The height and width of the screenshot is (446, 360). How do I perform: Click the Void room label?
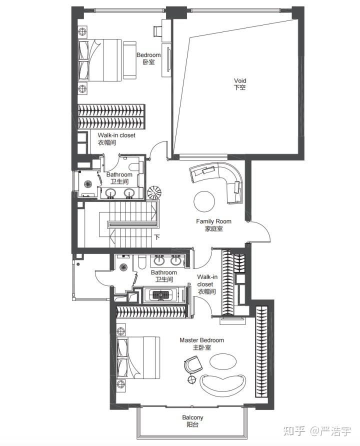[x=239, y=84]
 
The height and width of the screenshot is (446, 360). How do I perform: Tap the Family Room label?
[x=213, y=225]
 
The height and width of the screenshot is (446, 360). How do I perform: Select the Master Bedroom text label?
[x=201, y=343]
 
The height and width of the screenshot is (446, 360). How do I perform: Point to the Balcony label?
[x=192, y=421]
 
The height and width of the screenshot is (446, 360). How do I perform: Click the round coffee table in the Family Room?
[x=204, y=201]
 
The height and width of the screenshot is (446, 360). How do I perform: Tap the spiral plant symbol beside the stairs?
[x=154, y=192]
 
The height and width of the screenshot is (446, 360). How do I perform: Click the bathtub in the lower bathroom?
[x=161, y=295]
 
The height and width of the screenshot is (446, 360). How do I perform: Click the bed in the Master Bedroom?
[x=138, y=357]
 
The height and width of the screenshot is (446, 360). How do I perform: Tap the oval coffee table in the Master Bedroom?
[x=223, y=361]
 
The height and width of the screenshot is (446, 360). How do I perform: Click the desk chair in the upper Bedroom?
[x=157, y=30]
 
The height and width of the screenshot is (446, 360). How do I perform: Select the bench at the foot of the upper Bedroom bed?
[x=129, y=60]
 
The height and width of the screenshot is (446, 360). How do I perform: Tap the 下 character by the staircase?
[x=157, y=237]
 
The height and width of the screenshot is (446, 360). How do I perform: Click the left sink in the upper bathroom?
[x=110, y=193]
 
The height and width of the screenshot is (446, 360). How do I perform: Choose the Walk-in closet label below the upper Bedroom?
[x=116, y=139]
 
